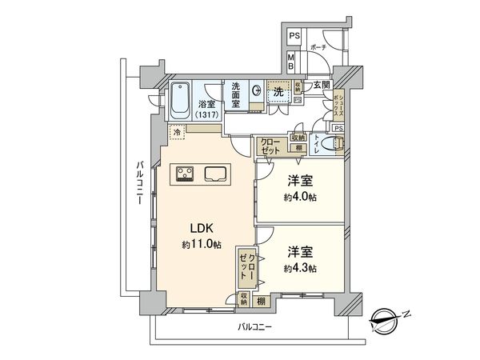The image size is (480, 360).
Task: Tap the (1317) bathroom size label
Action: click(x=207, y=114)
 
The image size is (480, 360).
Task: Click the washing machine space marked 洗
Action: click(x=278, y=92)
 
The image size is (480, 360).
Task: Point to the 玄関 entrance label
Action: click(x=322, y=86)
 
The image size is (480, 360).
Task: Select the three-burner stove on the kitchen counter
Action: click(x=186, y=173)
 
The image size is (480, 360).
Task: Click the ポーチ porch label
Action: click(x=318, y=47)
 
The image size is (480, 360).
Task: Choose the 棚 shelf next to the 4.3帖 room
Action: click(x=262, y=302)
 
